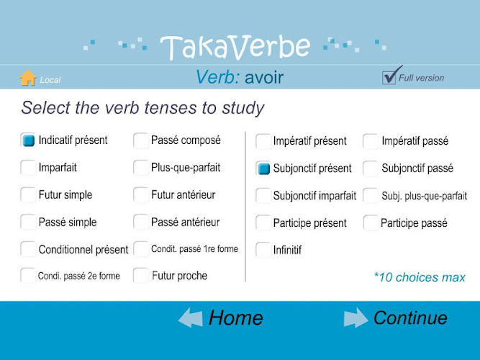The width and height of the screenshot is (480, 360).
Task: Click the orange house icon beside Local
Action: pos(28,78)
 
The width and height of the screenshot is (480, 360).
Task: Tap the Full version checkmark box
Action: pos(389,77)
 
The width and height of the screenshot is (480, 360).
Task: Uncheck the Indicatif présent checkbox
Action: pos(28,140)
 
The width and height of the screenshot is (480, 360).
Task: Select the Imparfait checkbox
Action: pos(28,168)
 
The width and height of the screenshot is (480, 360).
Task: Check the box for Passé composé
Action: pos(141,140)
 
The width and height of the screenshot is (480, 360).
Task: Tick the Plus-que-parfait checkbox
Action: pos(141,168)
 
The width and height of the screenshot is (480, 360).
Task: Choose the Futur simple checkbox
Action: pos(28,195)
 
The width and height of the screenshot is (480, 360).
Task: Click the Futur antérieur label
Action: pos(183,195)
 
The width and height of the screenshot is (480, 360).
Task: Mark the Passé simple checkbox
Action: pos(28,222)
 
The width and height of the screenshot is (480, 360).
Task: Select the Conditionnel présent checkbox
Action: pos(28,249)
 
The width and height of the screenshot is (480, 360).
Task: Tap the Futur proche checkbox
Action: pos(141,276)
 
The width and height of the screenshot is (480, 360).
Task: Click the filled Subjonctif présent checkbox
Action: pos(263,168)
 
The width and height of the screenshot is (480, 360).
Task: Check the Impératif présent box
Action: pos(263,141)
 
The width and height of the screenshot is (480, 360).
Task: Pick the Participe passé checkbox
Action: pos(371,222)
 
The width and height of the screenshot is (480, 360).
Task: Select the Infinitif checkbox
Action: pos(263,250)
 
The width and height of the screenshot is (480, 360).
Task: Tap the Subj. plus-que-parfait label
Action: pos(425,196)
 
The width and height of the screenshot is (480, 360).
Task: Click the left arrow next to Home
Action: pos(191,318)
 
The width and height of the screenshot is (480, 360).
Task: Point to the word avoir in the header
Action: pos(264,77)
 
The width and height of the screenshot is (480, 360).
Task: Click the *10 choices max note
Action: pos(420,277)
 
